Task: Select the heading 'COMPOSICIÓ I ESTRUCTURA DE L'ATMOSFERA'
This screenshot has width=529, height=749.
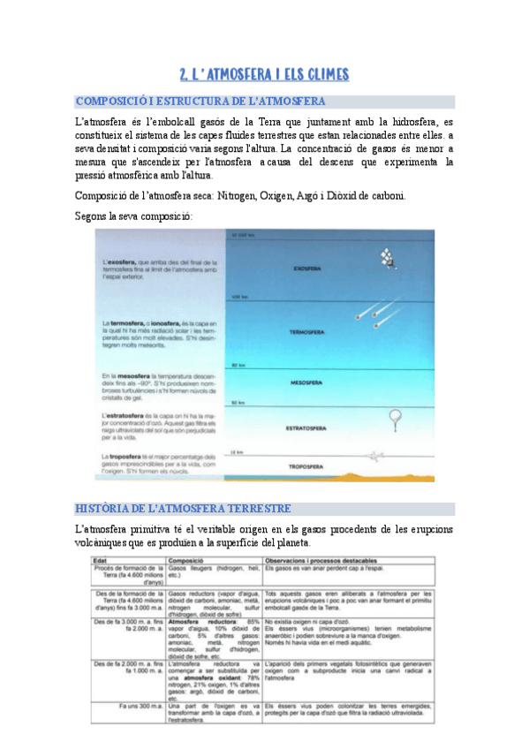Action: (200, 102)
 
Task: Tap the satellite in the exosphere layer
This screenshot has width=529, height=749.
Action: (386, 258)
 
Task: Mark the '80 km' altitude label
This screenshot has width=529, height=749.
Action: (237, 364)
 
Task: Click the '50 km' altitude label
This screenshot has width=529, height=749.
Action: (237, 403)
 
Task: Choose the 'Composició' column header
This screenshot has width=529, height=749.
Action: (187, 559)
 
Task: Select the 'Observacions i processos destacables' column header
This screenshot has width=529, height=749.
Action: (319, 559)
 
